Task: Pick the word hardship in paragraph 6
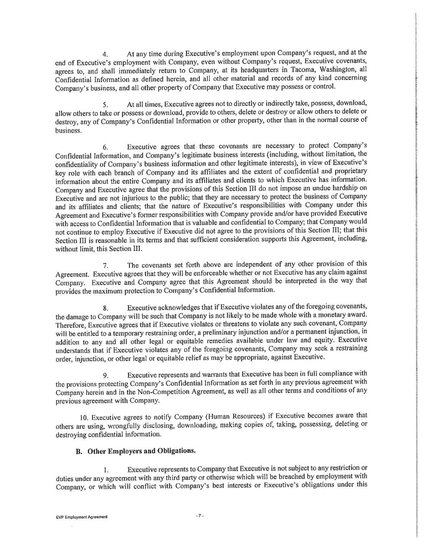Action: tap(346, 187)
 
